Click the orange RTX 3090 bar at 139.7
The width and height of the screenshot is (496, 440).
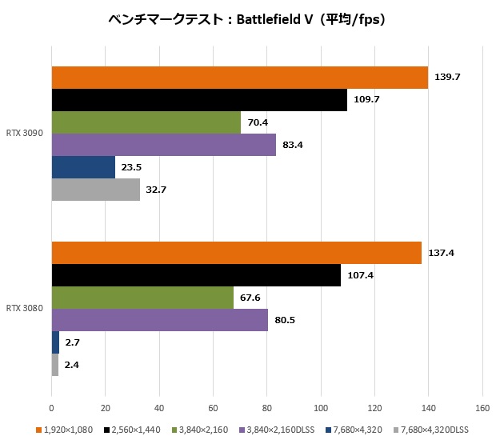coord(240,78)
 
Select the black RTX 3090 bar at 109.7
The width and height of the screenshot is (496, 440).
coord(199,100)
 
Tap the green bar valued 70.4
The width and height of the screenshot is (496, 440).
coord(146,122)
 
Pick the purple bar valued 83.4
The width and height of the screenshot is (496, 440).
coord(164,145)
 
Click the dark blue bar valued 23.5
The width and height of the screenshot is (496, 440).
coord(83,167)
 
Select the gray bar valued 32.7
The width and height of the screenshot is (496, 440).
coord(96,190)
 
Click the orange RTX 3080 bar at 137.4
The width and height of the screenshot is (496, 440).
coord(237,253)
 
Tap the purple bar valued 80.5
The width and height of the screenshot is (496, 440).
coord(160,320)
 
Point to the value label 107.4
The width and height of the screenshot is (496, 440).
coord(361,275)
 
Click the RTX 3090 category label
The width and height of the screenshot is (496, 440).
coord(25,134)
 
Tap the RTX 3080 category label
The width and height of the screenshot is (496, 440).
coord(25,309)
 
